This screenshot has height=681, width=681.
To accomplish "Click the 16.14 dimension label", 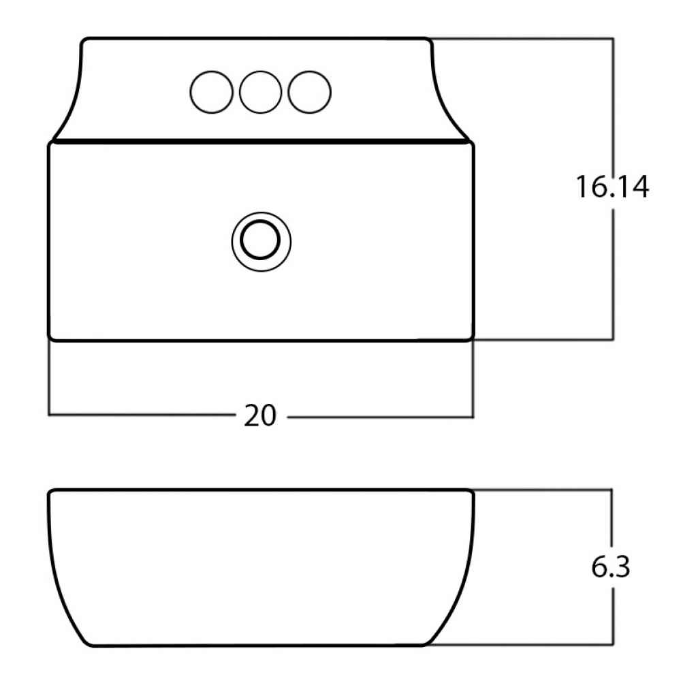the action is tap(612, 187).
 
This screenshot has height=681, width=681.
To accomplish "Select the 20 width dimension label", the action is tap(259, 415).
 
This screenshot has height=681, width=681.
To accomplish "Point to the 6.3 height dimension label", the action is tap(610, 567).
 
